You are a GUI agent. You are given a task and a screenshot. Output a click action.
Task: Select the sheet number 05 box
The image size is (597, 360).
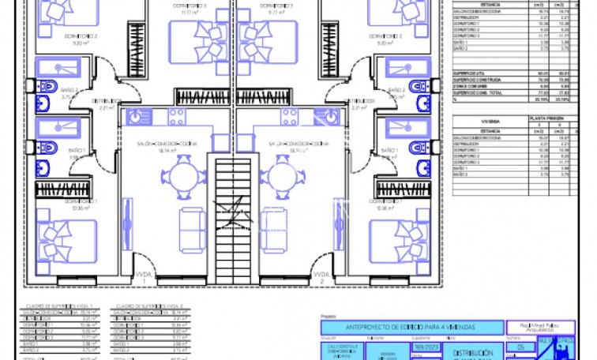pyautogui.click(x=520, y=347)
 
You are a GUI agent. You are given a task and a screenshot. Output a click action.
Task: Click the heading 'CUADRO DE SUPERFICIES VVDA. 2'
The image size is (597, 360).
pyautogui.click(x=140, y=305)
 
